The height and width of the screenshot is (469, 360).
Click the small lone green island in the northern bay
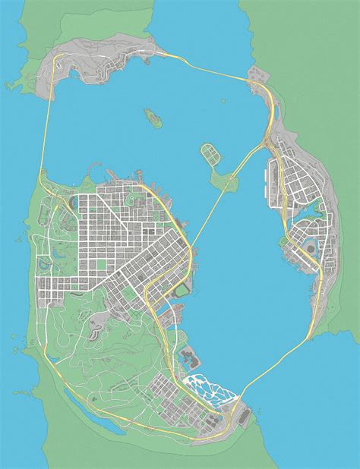coord(152,116)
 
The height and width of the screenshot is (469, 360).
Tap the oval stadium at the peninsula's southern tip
coord(243,416)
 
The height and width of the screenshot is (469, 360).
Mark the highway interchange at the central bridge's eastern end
coord(267,140)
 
